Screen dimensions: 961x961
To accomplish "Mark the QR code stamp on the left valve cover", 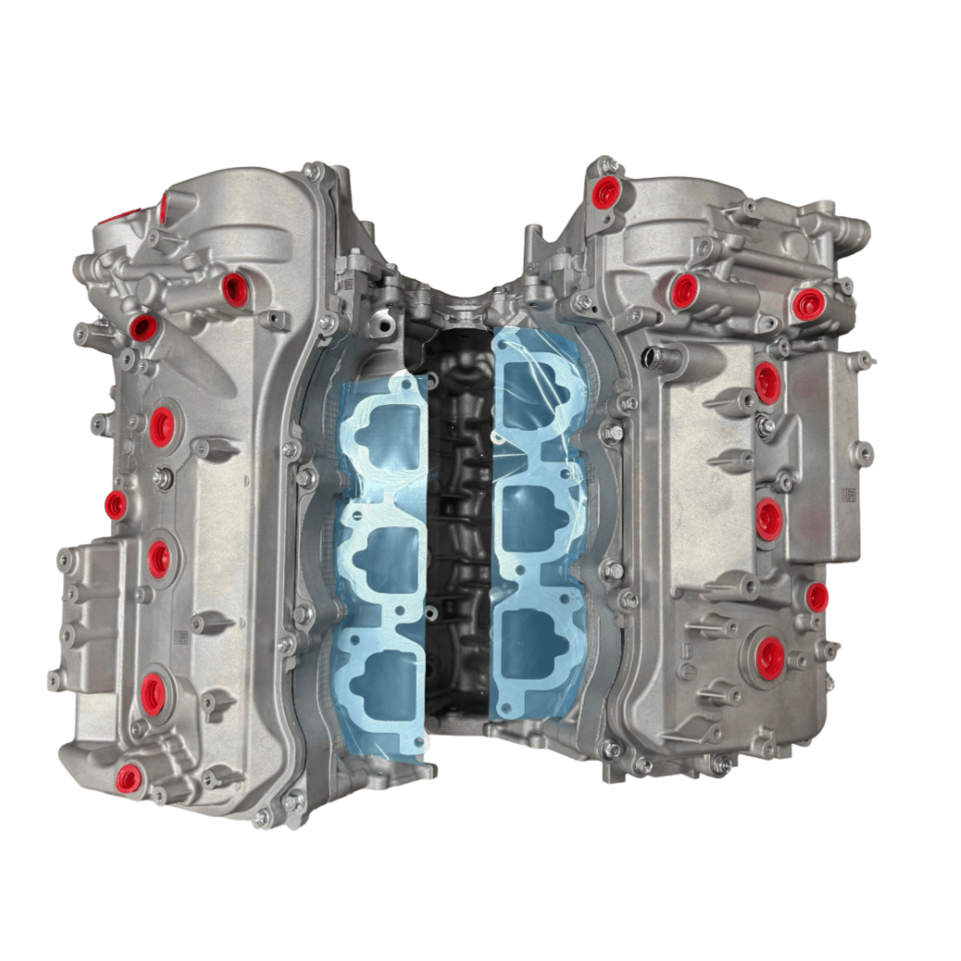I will pos(181,637).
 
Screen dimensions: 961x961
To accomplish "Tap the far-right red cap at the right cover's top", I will pos(808,304).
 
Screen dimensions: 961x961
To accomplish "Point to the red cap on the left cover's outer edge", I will pos(116,505).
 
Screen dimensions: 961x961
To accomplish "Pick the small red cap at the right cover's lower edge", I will pos(816,597).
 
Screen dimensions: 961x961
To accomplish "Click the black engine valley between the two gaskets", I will pos(458,534).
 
